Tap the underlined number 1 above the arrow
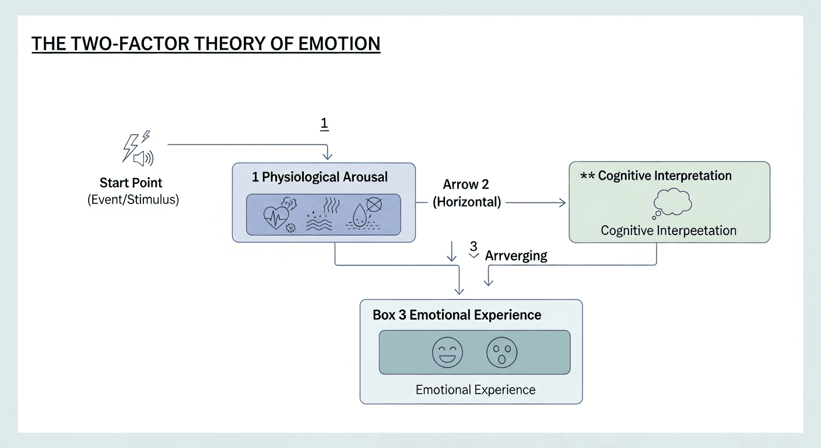pos(325,124)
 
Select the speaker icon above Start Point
pos(143,158)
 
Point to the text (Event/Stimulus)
pos(133,199)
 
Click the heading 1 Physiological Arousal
pos(320,177)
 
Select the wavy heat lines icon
pos(319,218)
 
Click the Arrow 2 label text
pos(466,185)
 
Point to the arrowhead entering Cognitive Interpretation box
pos(562,202)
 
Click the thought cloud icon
pos(671,203)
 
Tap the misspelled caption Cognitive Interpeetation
pos(668,230)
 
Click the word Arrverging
pos(516,256)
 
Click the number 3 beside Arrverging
pos(473,246)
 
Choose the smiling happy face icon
pos(447,352)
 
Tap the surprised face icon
pos(502,352)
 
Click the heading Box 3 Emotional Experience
pos(457,315)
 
